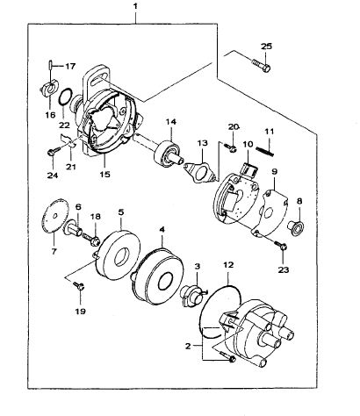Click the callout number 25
(266, 47)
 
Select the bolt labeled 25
(261, 65)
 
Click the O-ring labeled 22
(65, 96)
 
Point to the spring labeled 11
(265, 151)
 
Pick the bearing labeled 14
(168, 154)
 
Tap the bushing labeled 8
(296, 228)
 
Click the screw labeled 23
(280, 245)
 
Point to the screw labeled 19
(78, 285)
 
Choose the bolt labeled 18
(91, 239)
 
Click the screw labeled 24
(54, 152)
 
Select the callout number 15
(104, 175)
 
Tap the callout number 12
(228, 265)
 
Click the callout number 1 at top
(135, 6)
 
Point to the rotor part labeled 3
(191, 296)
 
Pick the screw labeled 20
(230, 147)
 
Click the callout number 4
(162, 229)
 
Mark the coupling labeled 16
(49, 88)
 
